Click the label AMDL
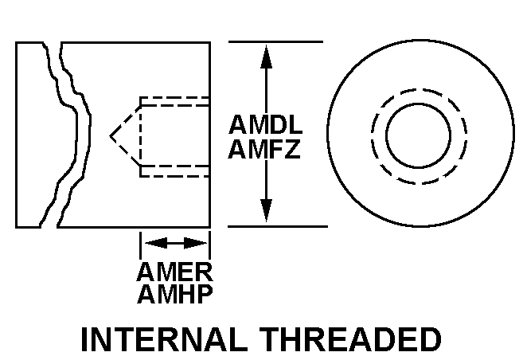click(x=266, y=127)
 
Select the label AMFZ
click(x=266, y=149)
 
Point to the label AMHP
click(x=174, y=295)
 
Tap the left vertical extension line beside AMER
click(x=140, y=243)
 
